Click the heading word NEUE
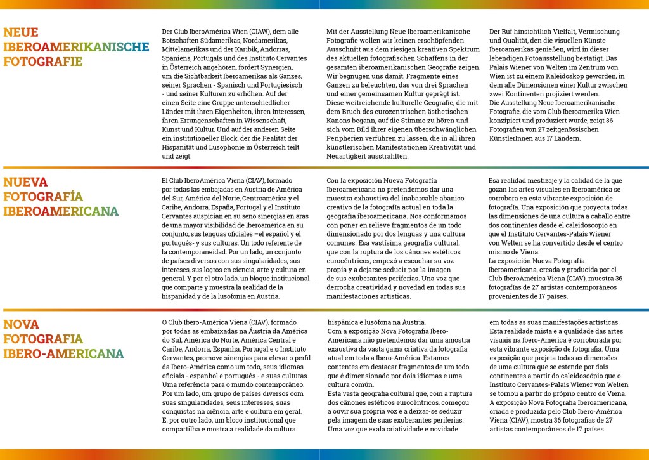coord(21,32)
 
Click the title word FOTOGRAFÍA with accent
coord(43,197)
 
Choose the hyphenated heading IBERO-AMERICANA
coord(63,353)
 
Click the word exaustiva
coord(346,350)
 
